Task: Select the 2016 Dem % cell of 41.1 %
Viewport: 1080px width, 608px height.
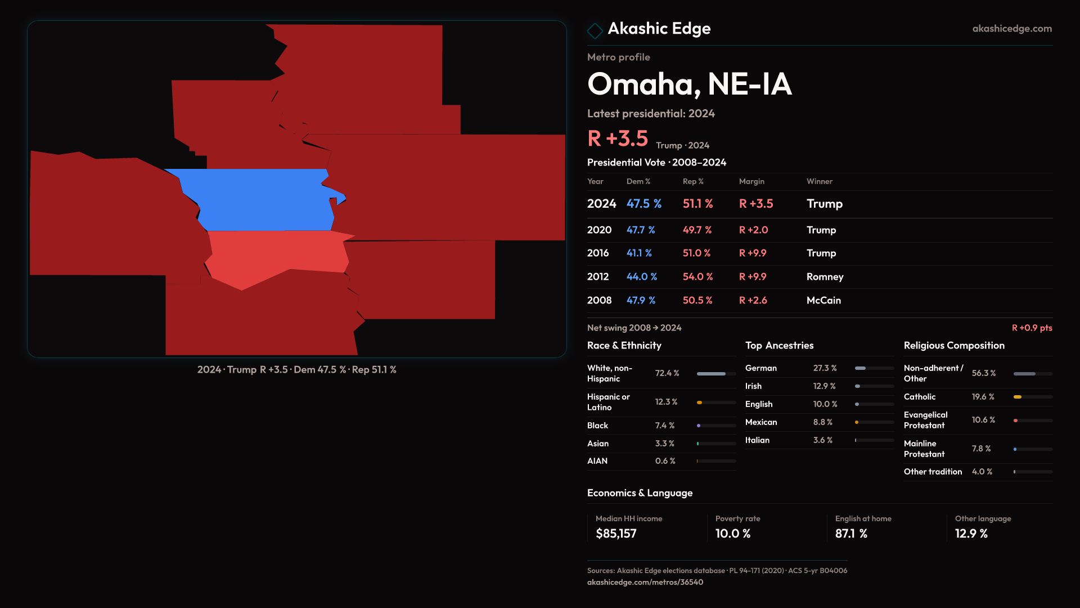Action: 639,253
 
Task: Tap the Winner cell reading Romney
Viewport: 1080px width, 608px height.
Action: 825,277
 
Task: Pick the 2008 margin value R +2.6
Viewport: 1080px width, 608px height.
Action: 753,301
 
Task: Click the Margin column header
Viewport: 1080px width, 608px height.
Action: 751,181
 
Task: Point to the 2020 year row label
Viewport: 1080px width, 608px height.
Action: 599,230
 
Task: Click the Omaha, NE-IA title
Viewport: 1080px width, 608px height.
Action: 689,84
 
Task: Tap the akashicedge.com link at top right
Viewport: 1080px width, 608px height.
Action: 1011,29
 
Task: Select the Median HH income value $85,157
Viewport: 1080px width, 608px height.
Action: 616,534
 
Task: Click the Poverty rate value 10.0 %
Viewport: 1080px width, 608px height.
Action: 732,534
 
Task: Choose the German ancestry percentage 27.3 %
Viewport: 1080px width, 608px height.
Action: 825,368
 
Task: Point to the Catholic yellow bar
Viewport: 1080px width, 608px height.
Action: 1018,397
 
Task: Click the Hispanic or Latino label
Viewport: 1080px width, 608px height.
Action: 608,402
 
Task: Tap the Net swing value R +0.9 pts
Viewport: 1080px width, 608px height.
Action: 1032,328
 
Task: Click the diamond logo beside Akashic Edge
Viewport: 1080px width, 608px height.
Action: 595,30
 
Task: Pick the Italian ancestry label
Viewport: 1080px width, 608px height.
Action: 757,440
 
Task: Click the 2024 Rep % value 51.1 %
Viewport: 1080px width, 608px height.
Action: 697,204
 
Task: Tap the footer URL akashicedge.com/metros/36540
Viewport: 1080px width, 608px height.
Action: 645,583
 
